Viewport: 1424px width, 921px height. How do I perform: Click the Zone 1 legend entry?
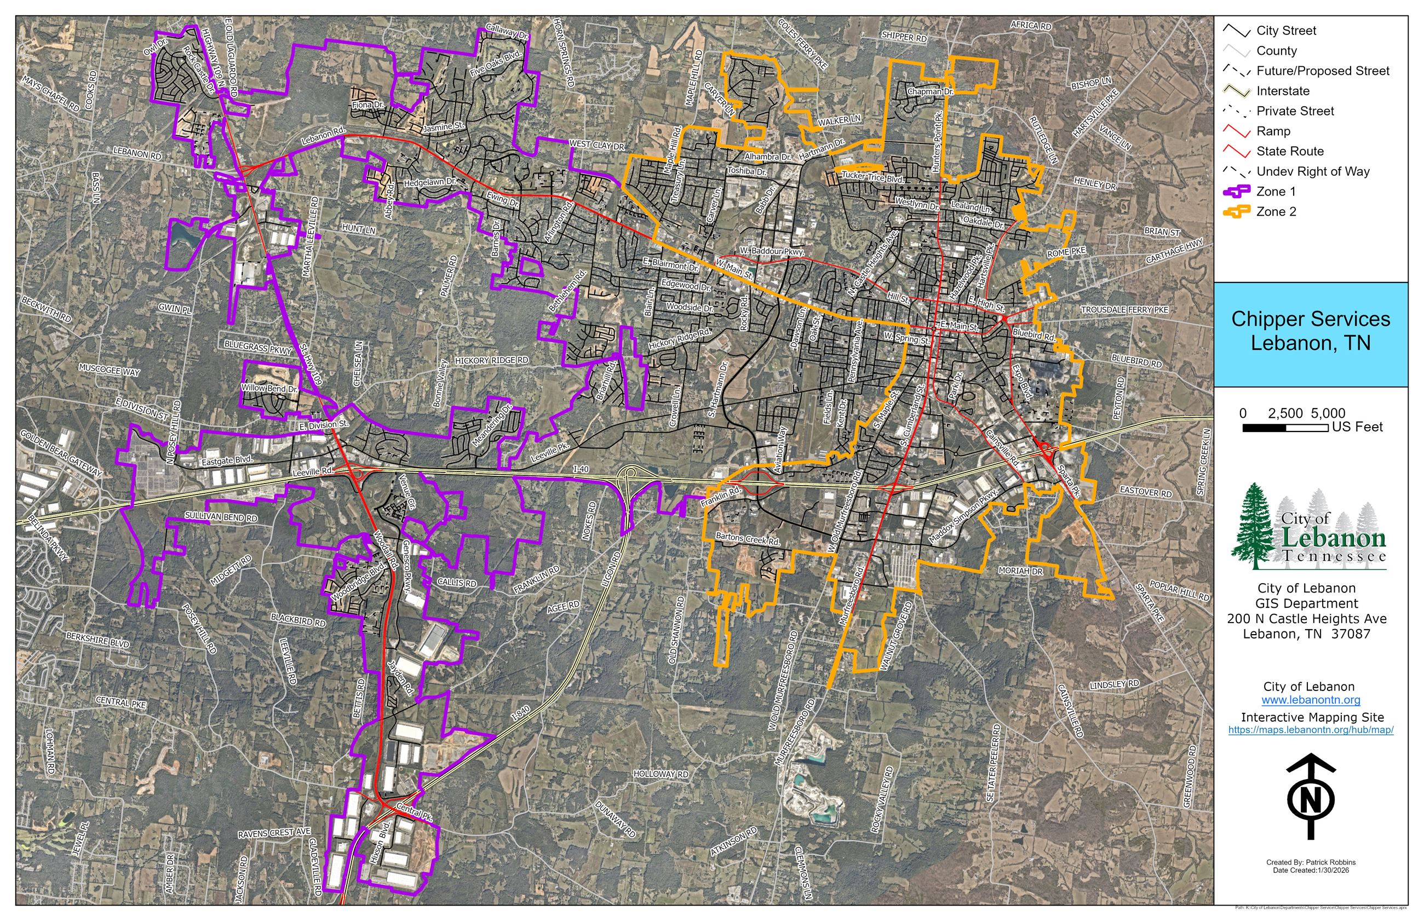coord(1275,192)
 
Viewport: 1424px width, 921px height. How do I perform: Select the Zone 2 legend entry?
coord(1275,212)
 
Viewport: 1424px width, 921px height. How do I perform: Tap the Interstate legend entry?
coord(1282,91)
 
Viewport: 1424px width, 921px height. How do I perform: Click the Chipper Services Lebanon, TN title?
coord(1311,331)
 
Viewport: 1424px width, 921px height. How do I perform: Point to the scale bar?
coord(1285,428)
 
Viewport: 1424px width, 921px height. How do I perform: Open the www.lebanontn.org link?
coord(1311,700)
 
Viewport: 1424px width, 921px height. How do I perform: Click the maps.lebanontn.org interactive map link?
coord(1311,730)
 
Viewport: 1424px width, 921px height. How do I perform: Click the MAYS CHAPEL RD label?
coord(50,93)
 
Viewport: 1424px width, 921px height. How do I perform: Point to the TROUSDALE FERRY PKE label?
coord(1124,310)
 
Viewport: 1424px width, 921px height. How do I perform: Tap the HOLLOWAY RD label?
coord(661,774)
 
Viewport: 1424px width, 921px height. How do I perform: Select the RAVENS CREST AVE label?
coord(274,832)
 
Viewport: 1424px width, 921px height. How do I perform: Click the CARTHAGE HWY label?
coord(1174,251)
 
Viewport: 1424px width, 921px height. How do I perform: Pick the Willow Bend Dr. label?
coord(269,389)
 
